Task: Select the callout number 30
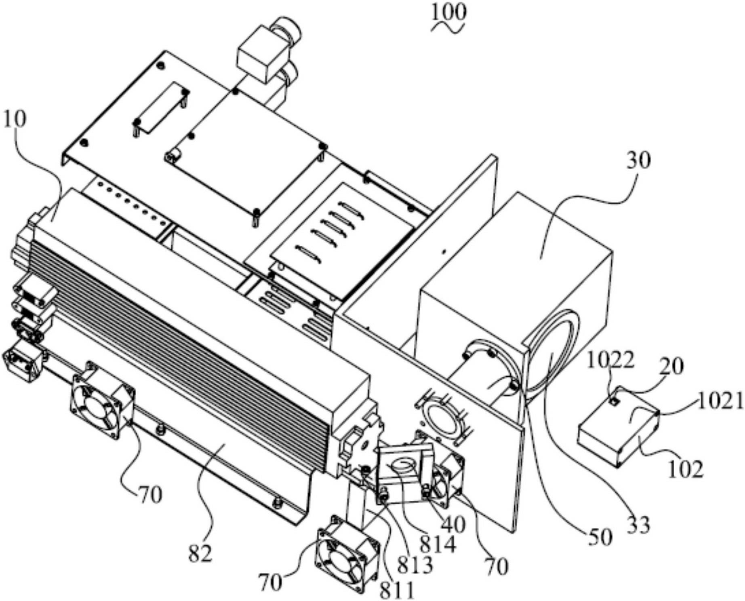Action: click(x=638, y=160)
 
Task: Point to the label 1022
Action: click(x=610, y=361)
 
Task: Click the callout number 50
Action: click(x=600, y=538)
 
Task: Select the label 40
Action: click(x=453, y=525)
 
